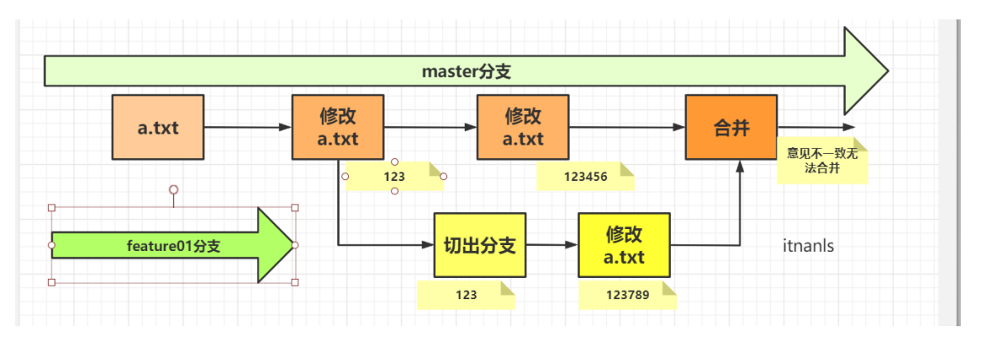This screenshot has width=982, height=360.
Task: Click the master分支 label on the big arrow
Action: (466, 72)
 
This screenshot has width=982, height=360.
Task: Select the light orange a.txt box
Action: (158, 128)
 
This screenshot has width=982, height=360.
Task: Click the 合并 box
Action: (731, 128)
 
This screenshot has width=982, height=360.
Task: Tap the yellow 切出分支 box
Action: (479, 245)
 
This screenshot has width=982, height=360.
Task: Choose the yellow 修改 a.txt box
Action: (624, 245)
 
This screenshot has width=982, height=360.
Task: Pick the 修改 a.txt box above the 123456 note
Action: (523, 128)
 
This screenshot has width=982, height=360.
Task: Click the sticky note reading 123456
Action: (585, 177)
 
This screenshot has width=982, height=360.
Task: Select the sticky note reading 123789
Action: (627, 295)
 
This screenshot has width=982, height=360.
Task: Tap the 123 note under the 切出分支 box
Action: (465, 295)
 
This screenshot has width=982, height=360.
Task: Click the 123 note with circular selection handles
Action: (394, 177)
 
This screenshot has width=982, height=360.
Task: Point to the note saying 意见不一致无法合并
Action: (822, 161)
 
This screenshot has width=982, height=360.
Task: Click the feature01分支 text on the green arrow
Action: (172, 245)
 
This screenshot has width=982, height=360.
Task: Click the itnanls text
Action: (809, 246)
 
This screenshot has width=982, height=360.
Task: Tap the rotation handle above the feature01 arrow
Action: (173, 189)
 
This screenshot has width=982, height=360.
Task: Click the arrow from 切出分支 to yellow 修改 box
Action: (552, 245)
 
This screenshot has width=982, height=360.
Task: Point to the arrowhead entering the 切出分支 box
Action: (427, 245)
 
